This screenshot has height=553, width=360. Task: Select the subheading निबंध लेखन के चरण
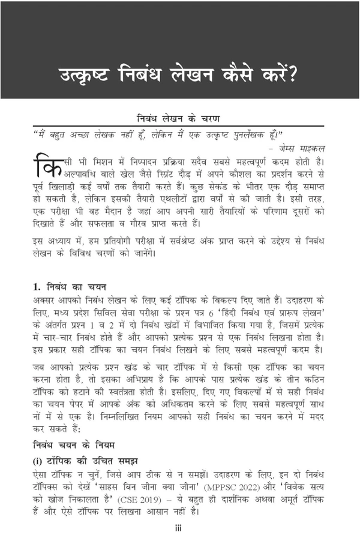(x=179, y=119)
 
